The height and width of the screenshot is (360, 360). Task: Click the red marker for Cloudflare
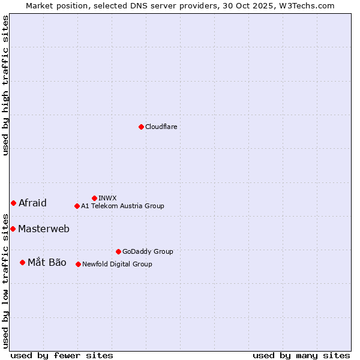pyautogui.click(x=141, y=127)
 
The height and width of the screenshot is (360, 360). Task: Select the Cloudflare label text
pyautogui.click(x=161, y=127)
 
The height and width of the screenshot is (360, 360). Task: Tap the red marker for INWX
pyautogui.click(x=94, y=198)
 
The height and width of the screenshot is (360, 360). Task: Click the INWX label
pyautogui.click(x=107, y=198)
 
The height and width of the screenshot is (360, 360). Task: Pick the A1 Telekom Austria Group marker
pyautogui.click(x=77, y=206)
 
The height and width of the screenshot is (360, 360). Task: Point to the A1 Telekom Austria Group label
pyautogui.click(x=122, y=206)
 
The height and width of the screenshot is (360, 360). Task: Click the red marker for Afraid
pyautogui.click(x=13, y=203)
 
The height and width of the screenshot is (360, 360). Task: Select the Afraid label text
pyautogui.click(x=32, y=203)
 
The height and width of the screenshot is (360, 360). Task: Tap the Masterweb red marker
pyautogui.click(x=13, y=229)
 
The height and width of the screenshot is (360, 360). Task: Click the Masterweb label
pyautogui.click(x=44, y=229)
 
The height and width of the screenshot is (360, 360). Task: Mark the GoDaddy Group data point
pyautogui.click(x=118, y=251)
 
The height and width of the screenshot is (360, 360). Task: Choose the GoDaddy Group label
pyautogui.click(x=148, y=251)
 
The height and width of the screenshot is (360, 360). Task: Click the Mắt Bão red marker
pyautogui.click(x=22, y=262)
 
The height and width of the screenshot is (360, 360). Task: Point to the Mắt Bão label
pyautogui.click(x=47, y=262)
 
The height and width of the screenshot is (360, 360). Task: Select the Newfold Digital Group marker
pyautogui.click(x=78, y=264)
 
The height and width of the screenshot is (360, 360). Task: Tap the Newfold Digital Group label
pyautogui.click(x=117, y=264)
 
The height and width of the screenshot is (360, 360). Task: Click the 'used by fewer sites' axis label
pyautogui.click(x=62, y=355)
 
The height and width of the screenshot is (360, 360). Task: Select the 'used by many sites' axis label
pyautogui.click(x=301, y=355)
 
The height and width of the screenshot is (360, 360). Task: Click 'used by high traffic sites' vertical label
pyautogui.click(x=5, y=86)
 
